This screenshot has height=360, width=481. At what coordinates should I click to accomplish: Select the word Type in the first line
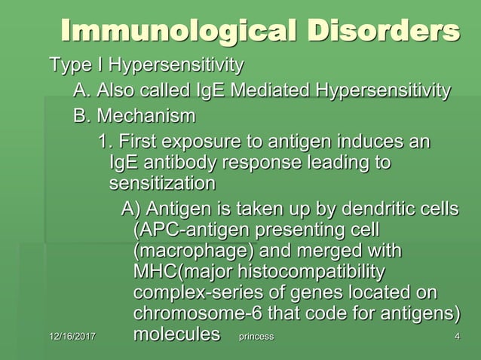coord(67,66)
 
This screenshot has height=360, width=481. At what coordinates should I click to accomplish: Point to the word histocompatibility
coord(310,270)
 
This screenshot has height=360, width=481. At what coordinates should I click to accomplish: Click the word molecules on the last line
coord(176,333)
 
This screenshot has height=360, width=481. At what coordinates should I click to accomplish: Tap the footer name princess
coord(256,336)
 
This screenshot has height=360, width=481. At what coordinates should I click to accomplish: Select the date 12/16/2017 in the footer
coord(75,336)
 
